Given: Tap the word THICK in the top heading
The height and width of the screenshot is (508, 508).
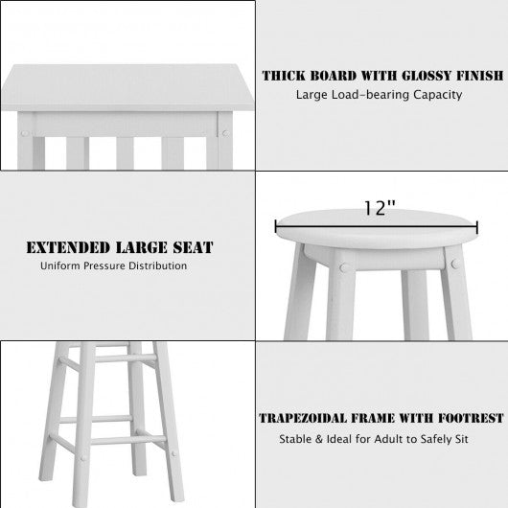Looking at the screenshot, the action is [x=284, y=76].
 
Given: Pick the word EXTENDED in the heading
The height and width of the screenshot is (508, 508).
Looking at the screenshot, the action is [x=68, y=247].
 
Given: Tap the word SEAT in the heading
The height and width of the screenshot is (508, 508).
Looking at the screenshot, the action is [x=193, y=247].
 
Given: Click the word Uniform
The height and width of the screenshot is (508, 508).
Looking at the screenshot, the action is [x=60, y=266].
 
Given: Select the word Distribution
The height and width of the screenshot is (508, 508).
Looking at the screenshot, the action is [x=158, y=266].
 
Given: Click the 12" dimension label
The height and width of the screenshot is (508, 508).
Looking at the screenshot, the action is [x=380, y=208].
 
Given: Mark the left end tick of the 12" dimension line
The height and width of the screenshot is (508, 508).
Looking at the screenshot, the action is [x=276, y=226].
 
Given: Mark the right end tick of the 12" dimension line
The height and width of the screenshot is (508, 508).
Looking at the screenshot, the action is [x=477, y=226].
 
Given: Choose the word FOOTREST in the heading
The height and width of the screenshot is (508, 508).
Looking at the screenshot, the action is [x=471, y=418].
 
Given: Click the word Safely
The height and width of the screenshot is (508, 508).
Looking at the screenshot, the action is [x=436, y=440].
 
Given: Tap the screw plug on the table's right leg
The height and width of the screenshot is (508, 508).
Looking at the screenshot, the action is [x=225, y=133].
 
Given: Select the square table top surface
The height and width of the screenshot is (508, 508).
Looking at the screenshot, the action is [x=127, y=87].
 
